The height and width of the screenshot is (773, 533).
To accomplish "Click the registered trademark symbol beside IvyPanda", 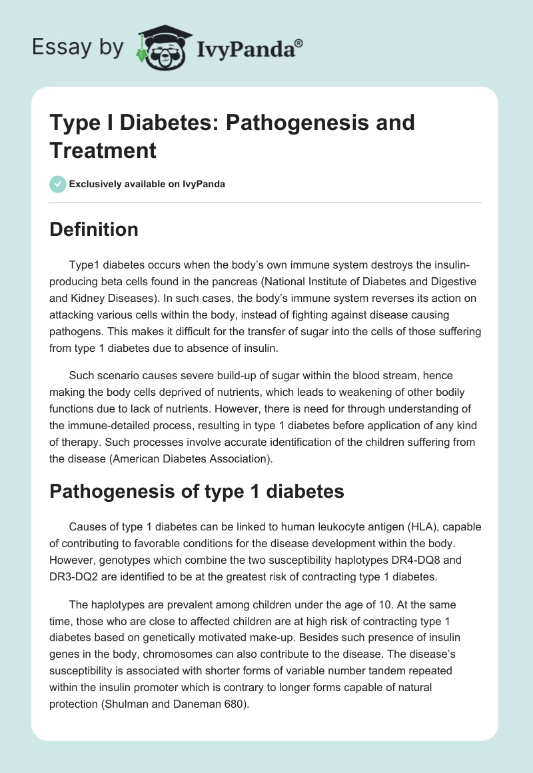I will tap(299, 43).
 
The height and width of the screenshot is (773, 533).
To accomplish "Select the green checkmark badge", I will tap(58, 184).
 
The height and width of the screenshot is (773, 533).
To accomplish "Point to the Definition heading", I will tap(95, 229).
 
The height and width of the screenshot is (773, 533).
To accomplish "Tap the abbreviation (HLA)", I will tap(398, 526).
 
